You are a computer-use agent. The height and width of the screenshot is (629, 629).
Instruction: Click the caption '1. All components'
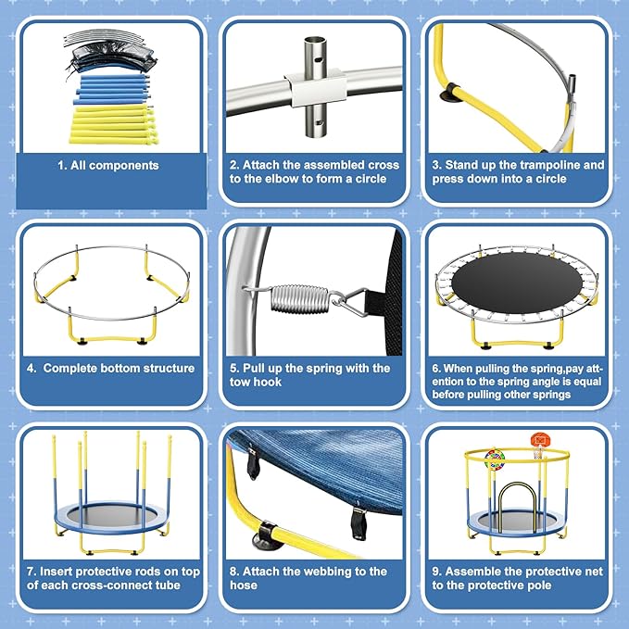(109, 166)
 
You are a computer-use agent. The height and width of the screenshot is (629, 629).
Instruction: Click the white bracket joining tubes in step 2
(312, 90)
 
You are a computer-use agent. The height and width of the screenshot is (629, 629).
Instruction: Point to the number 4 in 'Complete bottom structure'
(31, 368)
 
